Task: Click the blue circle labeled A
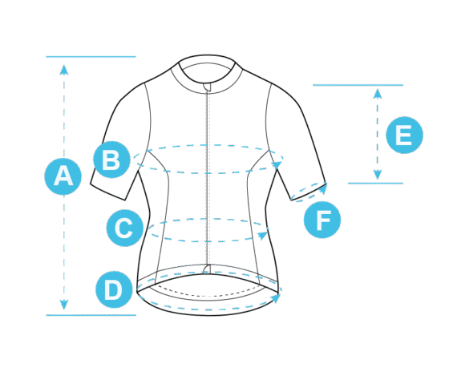point(63,176)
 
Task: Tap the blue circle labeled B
point(111,160)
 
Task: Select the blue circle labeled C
point(125,228)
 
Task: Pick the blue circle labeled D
point(114,289)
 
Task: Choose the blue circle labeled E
point(404,135)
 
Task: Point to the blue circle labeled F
point(322,220)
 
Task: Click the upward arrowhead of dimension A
point(64,70)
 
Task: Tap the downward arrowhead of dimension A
point(64,305)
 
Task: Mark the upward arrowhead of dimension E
point(378,94)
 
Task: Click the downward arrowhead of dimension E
point(378,175)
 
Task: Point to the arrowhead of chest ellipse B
point(277,164)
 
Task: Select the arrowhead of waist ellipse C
point(263,236)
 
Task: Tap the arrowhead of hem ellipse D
point(276,298)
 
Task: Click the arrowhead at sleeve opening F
point(323,189)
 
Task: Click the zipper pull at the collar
point(208,87)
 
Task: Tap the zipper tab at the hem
point(206,269)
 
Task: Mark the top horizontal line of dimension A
point(91,57)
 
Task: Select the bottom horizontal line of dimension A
point(91,315)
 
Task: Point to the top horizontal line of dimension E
point(358,85)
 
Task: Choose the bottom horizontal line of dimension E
point(376,183)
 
